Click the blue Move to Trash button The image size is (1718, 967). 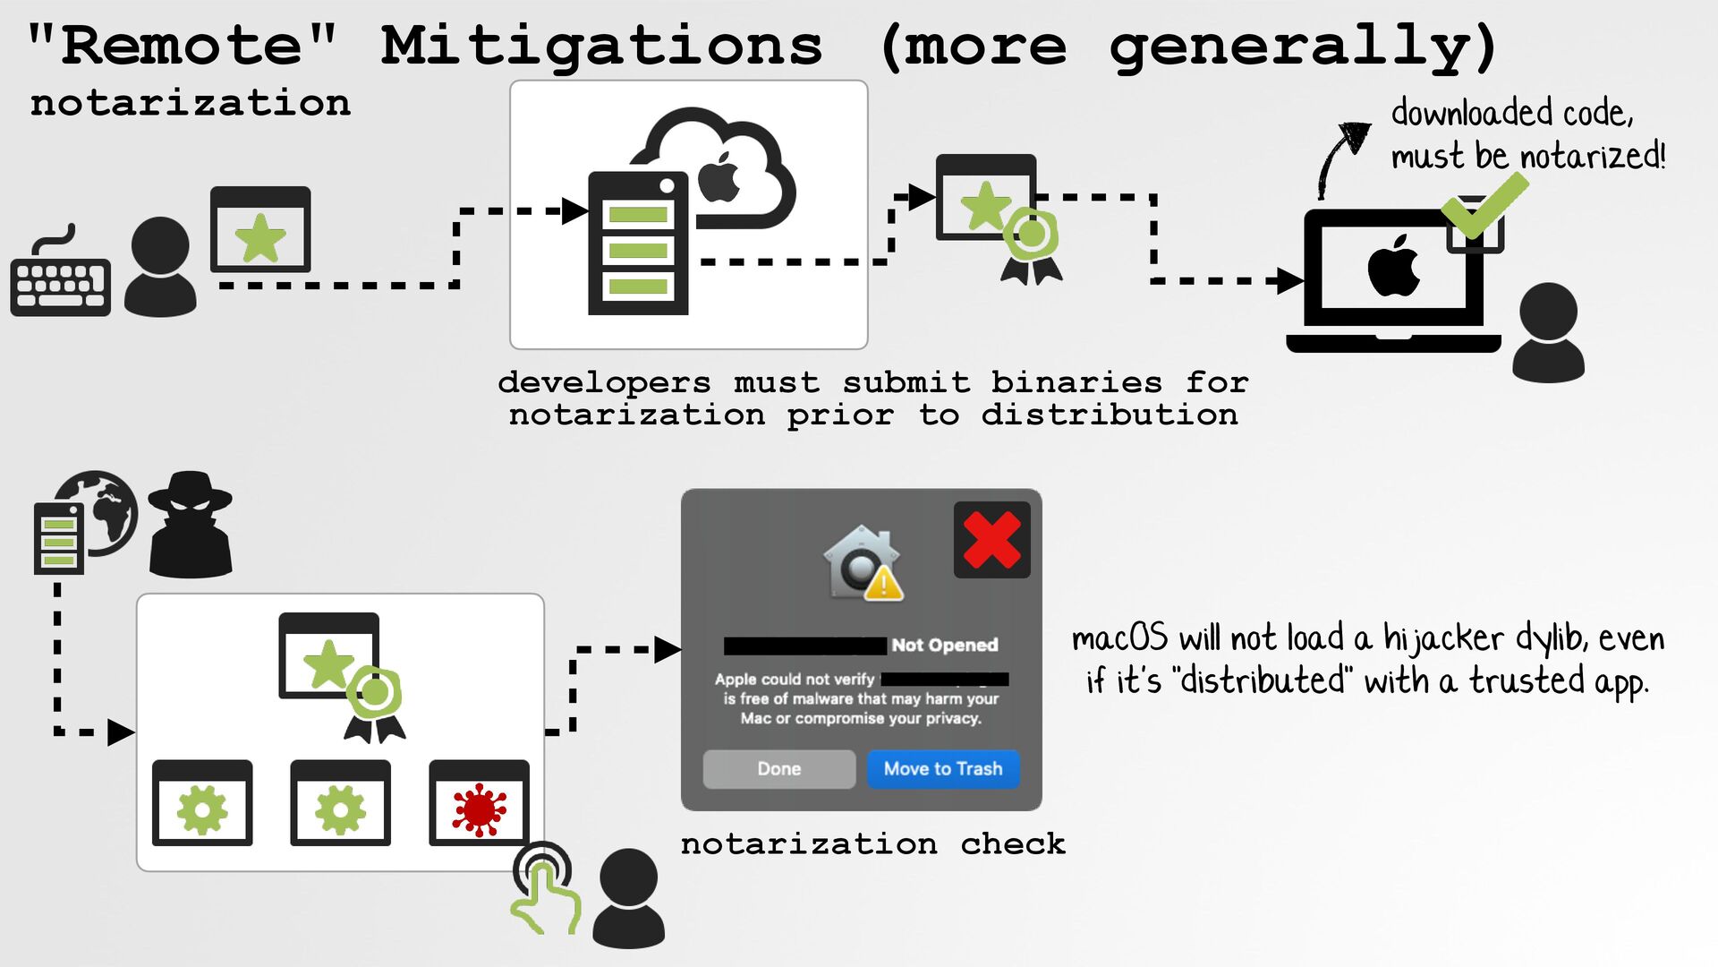pyautogui.click(x=942, y=769)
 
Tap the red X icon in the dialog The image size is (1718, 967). pyautogui.click(x=991, y=540)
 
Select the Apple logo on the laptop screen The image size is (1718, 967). pyautogui.click(x=1393, y=266)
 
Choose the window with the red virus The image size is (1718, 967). pyautogui.click(x=479, y=803)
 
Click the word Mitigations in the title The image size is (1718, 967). pyautogui.click(x=601, y=47)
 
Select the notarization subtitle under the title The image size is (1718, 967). pyautogui.click(x=191, y=104)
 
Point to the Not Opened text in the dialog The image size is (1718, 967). pyautogui.click(x=944, y=646)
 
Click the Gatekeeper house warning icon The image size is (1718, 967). pyautogui.click(x=862, y=563)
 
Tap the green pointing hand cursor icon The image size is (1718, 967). pyautogui.click(x=545, y=891)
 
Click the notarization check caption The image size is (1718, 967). pyautogui.click(x=872, y=844)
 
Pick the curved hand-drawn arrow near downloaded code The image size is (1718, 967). pyautogui.click(x=1340, y=157)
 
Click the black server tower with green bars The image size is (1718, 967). pyautogui.click(x=637, y=244)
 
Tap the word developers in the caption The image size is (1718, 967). pyautogui.click(x=604, y=383)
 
